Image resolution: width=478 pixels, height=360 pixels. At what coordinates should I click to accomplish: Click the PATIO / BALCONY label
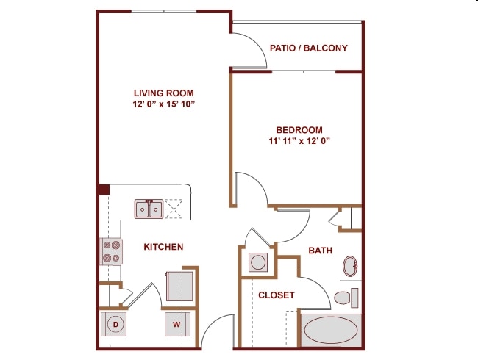coord(309,48)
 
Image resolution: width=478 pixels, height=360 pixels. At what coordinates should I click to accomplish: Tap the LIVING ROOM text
coord(164,93)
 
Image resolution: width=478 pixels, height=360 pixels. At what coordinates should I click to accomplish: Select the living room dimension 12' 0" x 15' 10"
coord(164,104)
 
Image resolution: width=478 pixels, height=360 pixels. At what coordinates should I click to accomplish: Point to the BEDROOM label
coord(299,130)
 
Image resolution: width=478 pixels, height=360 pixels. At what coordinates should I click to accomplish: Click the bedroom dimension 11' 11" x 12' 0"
coord(299,141)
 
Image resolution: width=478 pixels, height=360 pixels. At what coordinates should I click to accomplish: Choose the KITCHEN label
coord(163,247)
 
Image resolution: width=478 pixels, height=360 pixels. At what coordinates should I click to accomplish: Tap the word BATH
coord(320,251)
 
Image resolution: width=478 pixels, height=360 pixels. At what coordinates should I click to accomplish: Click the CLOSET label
coord(277,295)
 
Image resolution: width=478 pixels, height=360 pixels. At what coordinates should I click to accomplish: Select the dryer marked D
coord(113,324)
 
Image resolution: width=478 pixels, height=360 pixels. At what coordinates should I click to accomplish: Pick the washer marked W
coord(177,324)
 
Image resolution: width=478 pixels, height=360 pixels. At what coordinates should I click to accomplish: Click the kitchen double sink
coord(149,209)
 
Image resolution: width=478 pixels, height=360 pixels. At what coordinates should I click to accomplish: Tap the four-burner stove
coord(111,251)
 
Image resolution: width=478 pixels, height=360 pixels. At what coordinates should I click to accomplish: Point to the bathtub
coord(331,330)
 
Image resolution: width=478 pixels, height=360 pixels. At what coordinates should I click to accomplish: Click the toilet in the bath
coord(346,298)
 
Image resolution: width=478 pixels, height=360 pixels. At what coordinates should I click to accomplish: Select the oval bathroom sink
coord(350,266)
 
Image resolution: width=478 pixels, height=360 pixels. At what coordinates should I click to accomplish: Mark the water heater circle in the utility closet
coord(258,262)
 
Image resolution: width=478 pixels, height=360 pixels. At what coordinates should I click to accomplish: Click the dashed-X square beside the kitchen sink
coord(174,209)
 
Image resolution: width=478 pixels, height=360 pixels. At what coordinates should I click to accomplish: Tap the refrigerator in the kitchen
coord(179,287)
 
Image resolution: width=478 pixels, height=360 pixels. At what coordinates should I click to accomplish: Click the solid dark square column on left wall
coord(104,189)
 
